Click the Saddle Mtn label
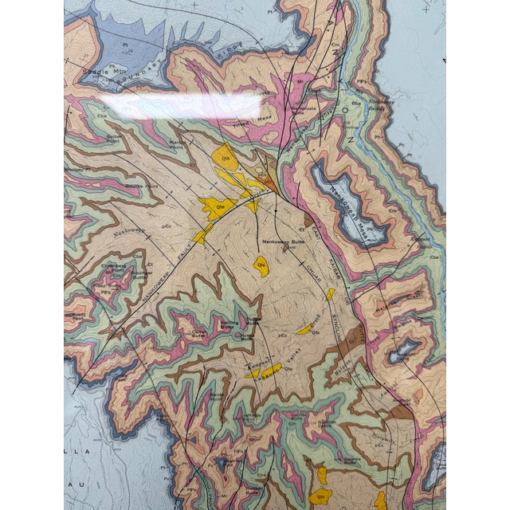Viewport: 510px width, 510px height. (104, 71)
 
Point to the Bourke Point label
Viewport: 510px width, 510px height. (143, 186)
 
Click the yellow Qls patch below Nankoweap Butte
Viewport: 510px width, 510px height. (261, 263)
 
